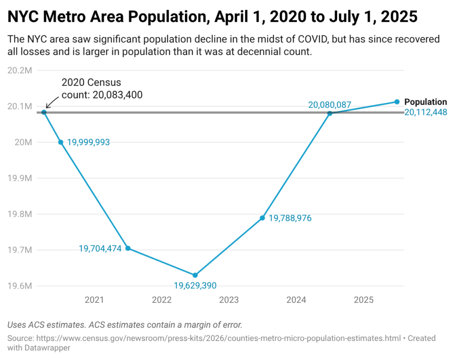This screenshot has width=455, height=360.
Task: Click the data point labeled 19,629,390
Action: (x=195, y=275)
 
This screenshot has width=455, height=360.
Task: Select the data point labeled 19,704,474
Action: (x=128, y=248)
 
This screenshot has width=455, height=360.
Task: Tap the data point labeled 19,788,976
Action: (x=263, y=218)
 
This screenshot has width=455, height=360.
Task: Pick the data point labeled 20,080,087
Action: (x=330, y=113)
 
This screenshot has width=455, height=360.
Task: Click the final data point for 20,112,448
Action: (x=397, y=102)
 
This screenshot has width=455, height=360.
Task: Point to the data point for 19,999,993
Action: (x=61, y=142)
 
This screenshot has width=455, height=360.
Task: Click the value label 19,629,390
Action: (x=195, y=285)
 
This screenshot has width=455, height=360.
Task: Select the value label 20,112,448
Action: (x=425, y=112)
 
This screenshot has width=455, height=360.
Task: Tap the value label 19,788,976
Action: (x=290, y=218)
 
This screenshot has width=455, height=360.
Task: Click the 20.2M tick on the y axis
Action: (x=20, y=71)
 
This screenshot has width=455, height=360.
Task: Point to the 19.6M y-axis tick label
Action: (x=20, y=286)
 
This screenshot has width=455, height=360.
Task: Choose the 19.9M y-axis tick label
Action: (x=20, y=178)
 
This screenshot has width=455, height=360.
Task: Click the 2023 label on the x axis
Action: (x=229, y=300)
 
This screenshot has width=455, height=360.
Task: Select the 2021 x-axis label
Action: (x=94, y=300)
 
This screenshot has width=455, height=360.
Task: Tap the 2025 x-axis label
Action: (x=363, y=300)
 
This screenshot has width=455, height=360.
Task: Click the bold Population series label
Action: (x=425, y=102)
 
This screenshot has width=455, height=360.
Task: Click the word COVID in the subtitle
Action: (x=307, y=39)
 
